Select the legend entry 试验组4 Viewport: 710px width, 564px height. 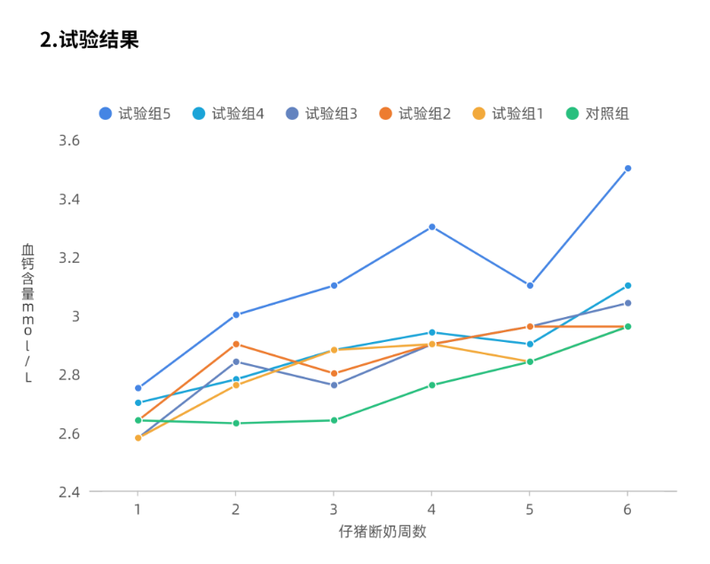click(228, 114)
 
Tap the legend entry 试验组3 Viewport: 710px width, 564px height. click(321, 114)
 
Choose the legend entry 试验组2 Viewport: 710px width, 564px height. click(414, 114)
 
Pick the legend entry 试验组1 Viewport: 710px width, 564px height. click(508, 114)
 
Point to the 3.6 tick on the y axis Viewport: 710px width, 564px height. click(69, 140)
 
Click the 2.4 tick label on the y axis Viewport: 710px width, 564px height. click(69, 491)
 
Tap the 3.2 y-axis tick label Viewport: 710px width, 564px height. click(69, 258)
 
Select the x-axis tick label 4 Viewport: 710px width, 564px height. click(431, 509)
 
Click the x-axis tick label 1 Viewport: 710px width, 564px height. click(138, 509)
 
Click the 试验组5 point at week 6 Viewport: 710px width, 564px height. click(627, 168)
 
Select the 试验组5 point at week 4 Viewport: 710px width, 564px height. click(431, 226)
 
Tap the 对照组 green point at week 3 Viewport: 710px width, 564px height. click(334, 420)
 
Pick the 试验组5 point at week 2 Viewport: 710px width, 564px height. click(236, 314)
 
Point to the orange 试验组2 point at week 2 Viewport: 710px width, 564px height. click(236, 344)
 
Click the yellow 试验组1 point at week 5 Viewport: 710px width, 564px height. click(530, 361)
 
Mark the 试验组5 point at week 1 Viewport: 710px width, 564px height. click(138, 388)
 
